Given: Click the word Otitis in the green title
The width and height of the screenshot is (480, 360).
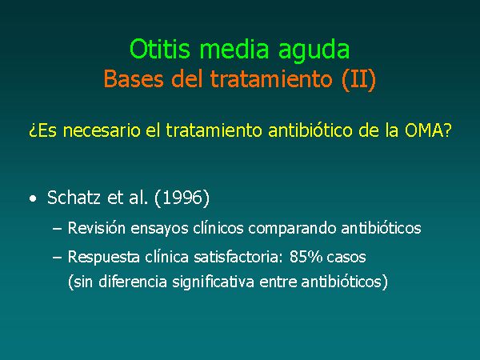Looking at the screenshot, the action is click(160, 49).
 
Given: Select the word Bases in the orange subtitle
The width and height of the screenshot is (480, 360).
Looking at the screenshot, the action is click(134, 78).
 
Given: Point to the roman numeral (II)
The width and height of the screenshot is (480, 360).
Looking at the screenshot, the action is click(358, 79).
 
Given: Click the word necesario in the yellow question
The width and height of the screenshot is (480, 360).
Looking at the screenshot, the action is click(102, 130).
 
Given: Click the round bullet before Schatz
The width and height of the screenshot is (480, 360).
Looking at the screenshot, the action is click(33, 198).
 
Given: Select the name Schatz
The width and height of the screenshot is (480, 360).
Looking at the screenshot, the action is click(74, 197).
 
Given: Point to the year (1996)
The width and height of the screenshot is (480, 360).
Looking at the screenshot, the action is click(182, 198).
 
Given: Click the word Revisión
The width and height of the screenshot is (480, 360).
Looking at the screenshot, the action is click(97, 228).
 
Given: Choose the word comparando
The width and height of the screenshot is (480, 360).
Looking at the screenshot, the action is click(292, 229).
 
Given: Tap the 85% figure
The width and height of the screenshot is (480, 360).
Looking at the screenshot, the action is click(306, 257).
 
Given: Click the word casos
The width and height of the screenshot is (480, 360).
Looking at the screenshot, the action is click(346, 258).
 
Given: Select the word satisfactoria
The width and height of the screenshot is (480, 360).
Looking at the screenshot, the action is click(238, 257).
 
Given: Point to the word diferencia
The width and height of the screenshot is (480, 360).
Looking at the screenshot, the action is click(133, 282).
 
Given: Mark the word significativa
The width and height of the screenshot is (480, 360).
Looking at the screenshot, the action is click(213, 282).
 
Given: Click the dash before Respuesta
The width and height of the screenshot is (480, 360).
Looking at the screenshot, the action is click(58, 258).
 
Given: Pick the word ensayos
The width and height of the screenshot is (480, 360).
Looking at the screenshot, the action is click(159, 230).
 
